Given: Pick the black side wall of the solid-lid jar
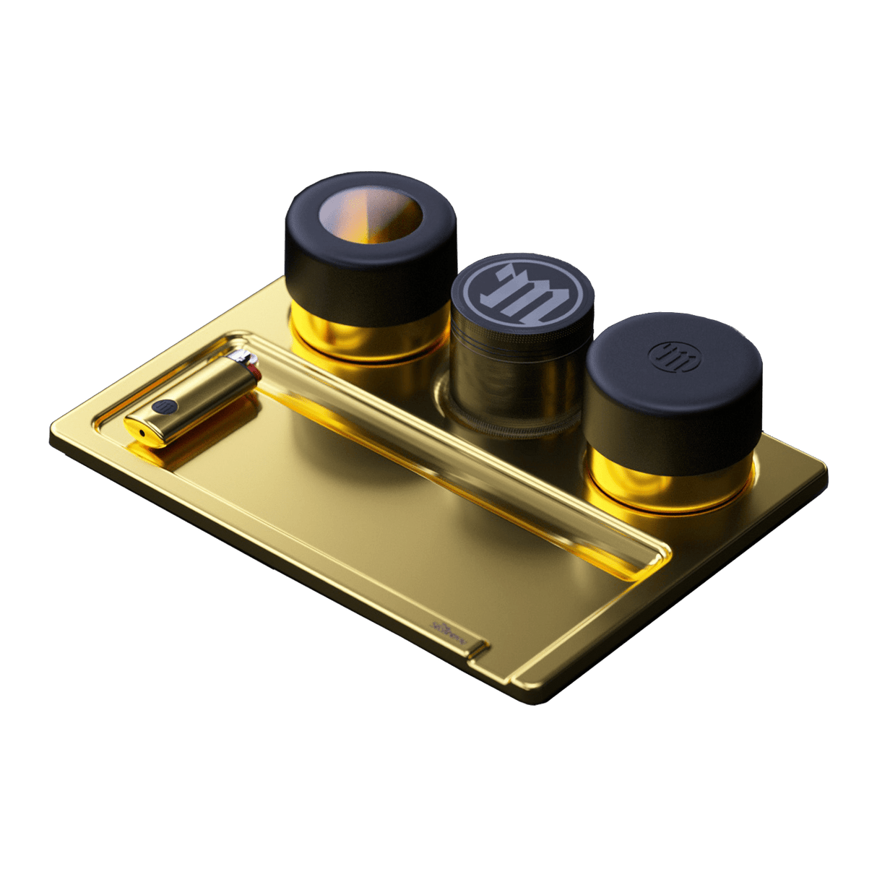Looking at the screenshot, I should point(672,426).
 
